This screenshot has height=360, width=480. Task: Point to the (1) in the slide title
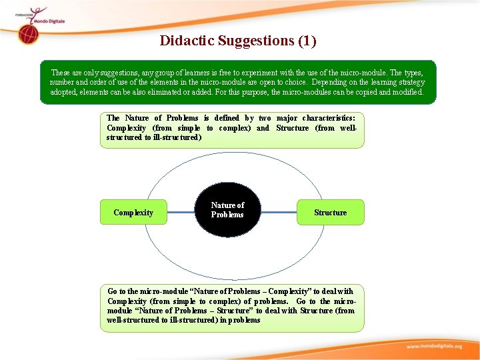(307, 41)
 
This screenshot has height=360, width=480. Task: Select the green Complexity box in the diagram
(133, 213)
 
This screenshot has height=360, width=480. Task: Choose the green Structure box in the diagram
(330, 213)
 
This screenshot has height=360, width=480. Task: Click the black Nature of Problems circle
(227, 211)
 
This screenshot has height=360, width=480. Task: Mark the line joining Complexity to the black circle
(180, 213)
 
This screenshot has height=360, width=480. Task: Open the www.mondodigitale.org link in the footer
(434, 347)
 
